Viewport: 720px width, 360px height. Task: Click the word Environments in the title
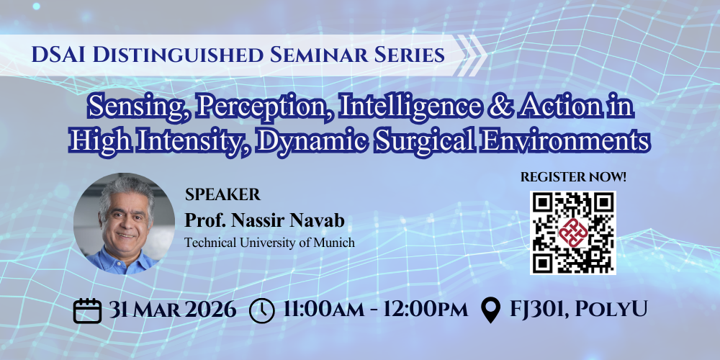[x=560, y=140]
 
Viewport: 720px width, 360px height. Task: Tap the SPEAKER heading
[x=222, y=194]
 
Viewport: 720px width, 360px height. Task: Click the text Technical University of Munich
[x=269, y=243]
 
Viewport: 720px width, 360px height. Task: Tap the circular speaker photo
[x=124, y=224]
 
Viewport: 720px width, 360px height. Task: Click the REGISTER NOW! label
[x=573, y=177]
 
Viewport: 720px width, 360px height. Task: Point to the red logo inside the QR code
[x=572, y=233]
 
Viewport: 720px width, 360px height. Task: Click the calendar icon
[x=87, y=310]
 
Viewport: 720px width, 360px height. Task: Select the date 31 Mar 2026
[x=173, y=310]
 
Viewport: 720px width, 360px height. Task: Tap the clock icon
[x=262, y=311]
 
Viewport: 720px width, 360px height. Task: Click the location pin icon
[x=491, y=310]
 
